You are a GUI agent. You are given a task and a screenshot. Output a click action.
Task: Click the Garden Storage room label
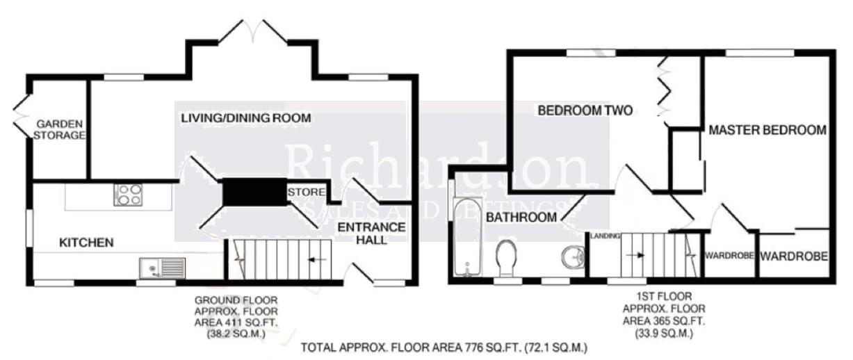pyautogui.click(x=59, y=129)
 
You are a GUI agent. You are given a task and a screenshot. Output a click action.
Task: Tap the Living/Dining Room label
pyautogui.click(x=245, y=118)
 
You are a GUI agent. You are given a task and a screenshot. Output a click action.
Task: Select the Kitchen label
pyautogui.click(x=86, y=243)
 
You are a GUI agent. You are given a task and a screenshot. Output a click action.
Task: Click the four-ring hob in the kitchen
pyautogui.click(x=128, y=195)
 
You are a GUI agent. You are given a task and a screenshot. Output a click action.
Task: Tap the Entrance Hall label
pyautogui.click(x=371, y=234)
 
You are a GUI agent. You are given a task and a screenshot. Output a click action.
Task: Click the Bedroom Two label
pyautogui.click(x=585, y=111)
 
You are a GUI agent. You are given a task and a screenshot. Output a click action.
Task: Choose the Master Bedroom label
pyautogui.click(x=767, y=130)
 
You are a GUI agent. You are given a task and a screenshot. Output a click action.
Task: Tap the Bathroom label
pyautogui.click(x=521, y=218)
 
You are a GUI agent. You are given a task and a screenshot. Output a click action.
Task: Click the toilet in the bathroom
pyautogui.click(x=506, y=258)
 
